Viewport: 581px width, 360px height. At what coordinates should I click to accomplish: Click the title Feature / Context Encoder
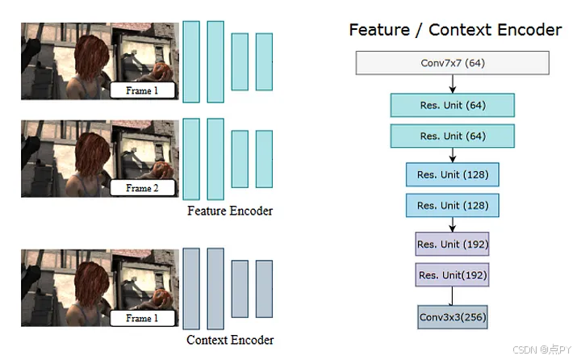coord(455,30)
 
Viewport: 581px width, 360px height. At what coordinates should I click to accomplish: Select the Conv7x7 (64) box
coord(452,63)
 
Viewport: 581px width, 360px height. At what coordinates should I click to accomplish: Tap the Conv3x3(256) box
coord(452,317)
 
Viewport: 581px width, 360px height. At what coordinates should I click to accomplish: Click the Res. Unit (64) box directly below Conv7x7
coord(452,105)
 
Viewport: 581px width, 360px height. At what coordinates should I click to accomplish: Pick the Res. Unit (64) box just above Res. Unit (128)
coord(452,136)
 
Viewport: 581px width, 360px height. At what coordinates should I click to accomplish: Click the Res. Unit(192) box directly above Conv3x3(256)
coord(452,276)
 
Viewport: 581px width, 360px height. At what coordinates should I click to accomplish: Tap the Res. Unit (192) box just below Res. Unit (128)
coord(452,244)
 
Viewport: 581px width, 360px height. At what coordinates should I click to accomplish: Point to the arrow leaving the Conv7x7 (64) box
coord(452,84)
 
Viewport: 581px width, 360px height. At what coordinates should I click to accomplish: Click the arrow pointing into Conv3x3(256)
coord(452,297)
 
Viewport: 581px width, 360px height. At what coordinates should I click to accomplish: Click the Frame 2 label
coord(142,188)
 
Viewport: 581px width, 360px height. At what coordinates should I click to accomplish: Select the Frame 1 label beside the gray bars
coord(142,318)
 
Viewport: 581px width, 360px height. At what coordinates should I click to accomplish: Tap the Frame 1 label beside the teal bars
coord(142,90)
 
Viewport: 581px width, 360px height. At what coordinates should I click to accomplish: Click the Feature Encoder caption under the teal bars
coord(230,211)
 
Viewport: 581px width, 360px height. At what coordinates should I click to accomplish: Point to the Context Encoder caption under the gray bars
coord(230,340)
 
